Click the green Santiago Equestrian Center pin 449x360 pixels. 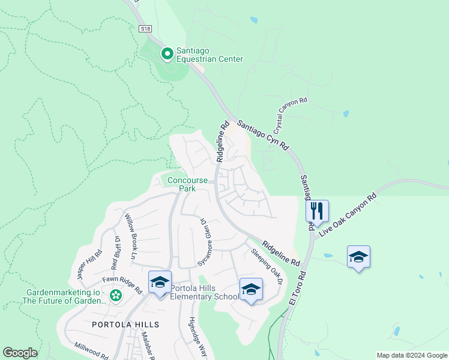coord(167,54)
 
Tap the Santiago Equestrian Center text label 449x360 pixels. coord(209,55)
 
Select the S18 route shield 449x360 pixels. coord(145,28)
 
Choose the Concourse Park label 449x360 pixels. coord(187,184)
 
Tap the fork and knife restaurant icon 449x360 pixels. coord(317,211)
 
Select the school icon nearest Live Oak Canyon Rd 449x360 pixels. coord(358,257)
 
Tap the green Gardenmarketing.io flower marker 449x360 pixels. coord(116,295)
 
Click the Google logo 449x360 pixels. coord(20,353)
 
